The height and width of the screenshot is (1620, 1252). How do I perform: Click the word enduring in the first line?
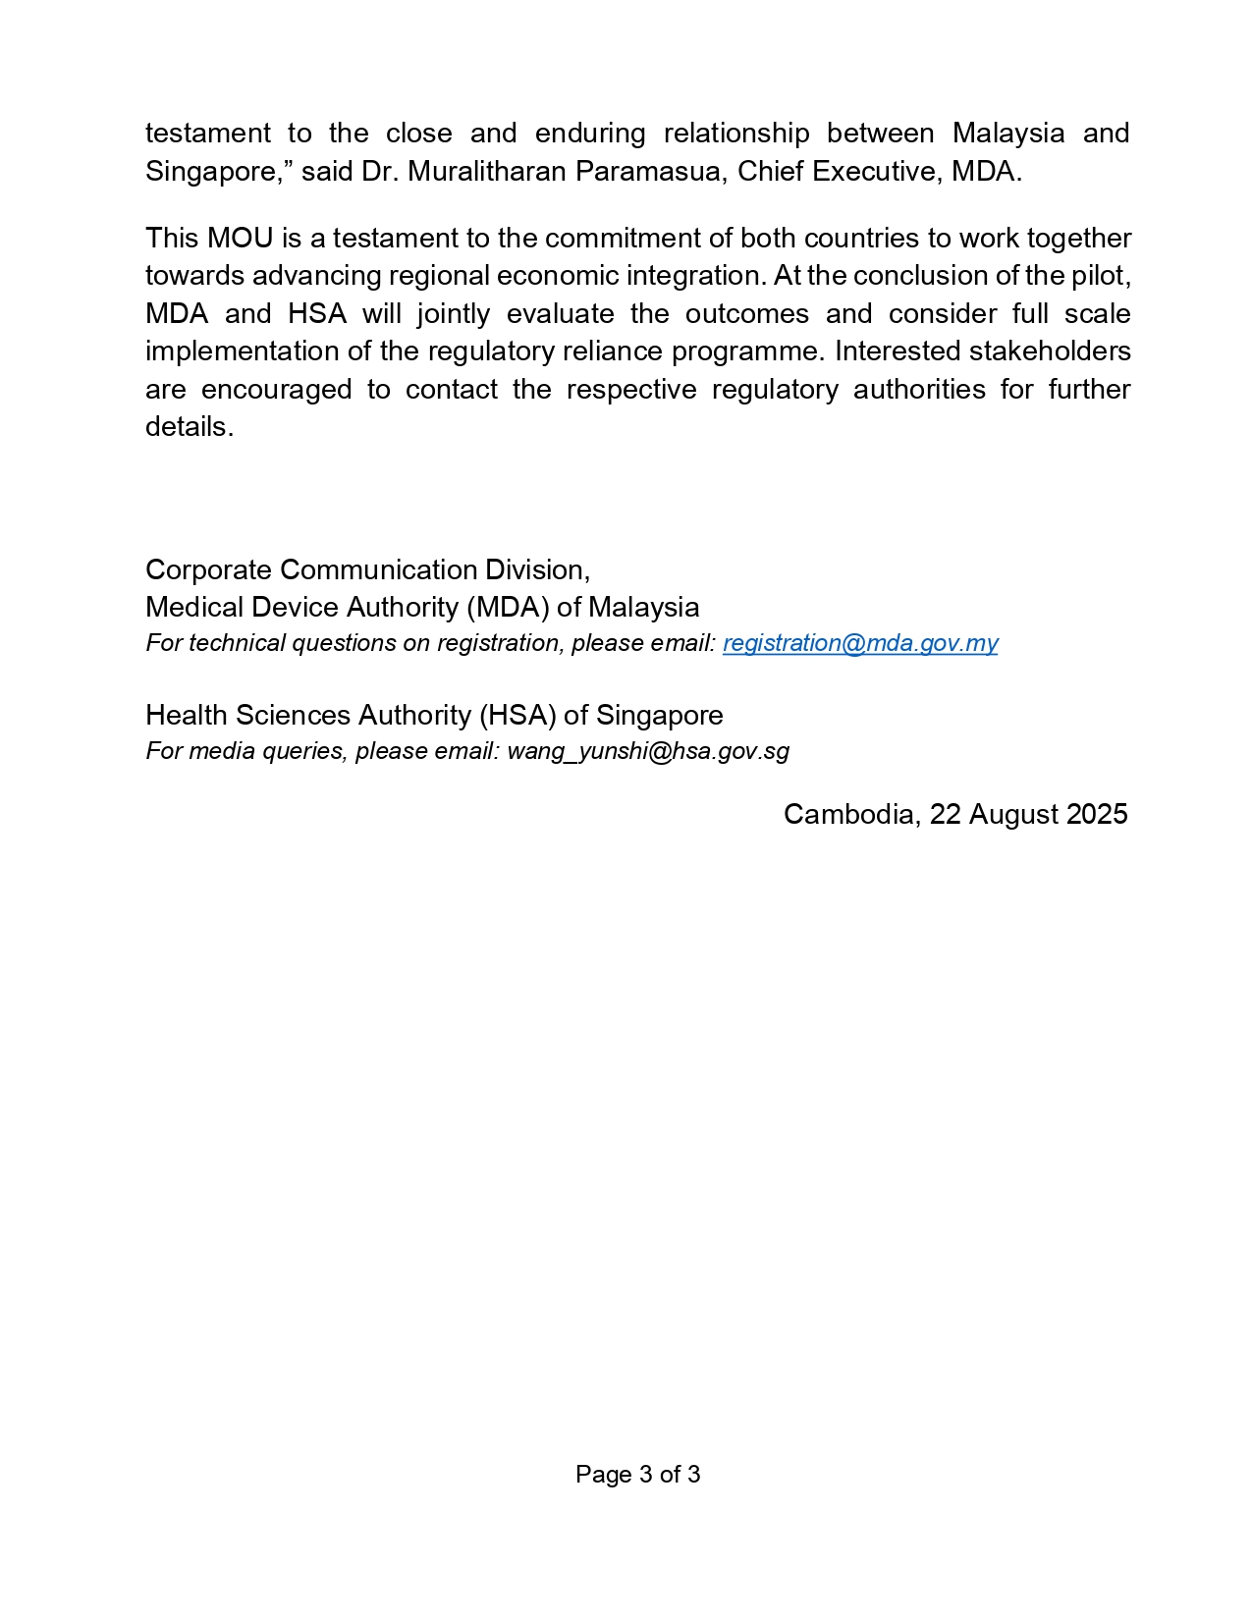589,134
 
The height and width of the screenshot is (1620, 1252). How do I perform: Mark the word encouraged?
276,390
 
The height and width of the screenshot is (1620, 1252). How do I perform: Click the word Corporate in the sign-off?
209,570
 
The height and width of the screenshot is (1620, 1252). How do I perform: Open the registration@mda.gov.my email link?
860,643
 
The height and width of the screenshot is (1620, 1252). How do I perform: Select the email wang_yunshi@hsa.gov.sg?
648,751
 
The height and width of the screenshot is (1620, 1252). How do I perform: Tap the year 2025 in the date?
1097,815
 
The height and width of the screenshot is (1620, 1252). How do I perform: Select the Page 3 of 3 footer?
637,1475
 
